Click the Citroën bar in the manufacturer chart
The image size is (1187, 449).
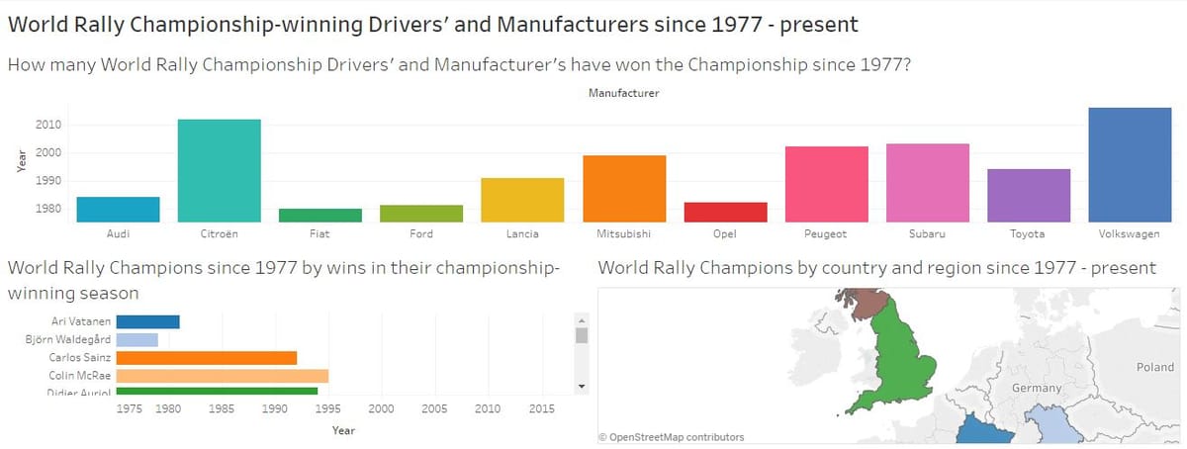[x=219, y=170]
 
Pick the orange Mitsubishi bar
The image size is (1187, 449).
[x=624, y=188]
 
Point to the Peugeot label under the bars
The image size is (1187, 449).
[x=826, y=234]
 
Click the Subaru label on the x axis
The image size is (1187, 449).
[x=927, y=234]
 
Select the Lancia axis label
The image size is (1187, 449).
[x=522, y=234]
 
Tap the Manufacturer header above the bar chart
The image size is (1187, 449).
[x=623, y=94]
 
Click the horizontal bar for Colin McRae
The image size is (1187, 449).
[x=222, y=376]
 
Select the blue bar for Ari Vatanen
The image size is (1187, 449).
[x=147, y=321]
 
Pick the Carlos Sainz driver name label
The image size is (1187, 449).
[x=80, y=358]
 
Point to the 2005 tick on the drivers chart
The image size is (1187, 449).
[x=434, y=408]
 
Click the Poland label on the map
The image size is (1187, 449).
[x=1154, y=367]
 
